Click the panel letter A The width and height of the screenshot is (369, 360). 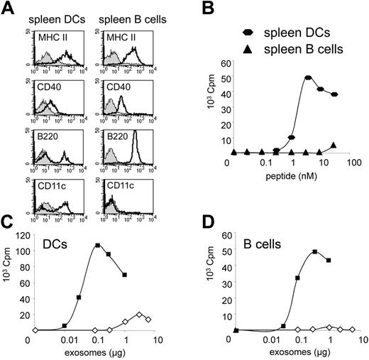8,9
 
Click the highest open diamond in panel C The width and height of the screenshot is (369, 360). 140,314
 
